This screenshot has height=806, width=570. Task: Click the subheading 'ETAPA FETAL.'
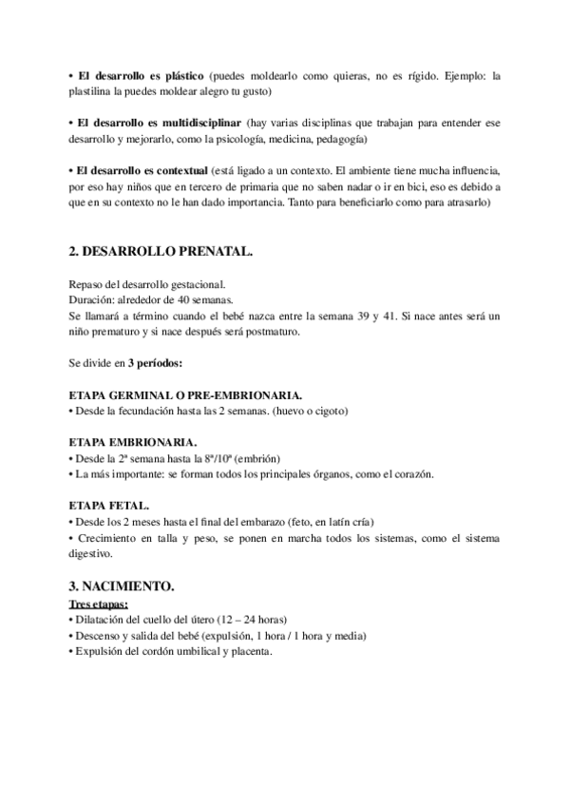click(109, 507)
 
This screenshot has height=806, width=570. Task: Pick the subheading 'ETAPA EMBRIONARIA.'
click(134, 442)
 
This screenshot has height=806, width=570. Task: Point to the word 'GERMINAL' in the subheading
click(141, 393)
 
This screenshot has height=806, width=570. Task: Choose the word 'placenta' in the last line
click(249, 651)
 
